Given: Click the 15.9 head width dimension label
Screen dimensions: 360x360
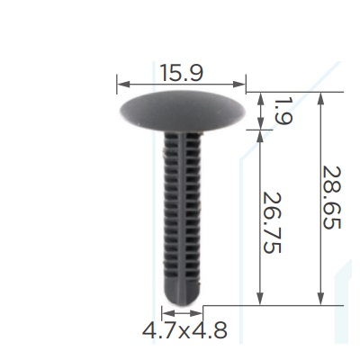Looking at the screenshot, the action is (182, 73).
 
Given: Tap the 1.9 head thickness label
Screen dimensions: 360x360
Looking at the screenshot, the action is (283, 112).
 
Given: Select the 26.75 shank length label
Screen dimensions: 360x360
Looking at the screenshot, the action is (272, 222).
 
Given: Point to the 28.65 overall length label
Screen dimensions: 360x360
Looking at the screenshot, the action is (331, 198).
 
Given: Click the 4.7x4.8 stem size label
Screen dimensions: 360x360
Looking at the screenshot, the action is (184, 330).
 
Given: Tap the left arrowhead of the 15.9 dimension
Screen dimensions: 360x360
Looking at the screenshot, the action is (123, 85).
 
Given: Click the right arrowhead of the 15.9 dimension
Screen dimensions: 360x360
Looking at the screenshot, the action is (239, 85).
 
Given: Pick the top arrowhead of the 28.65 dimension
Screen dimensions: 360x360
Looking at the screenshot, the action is (320, 98).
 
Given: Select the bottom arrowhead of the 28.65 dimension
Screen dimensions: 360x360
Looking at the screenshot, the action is (320, 299).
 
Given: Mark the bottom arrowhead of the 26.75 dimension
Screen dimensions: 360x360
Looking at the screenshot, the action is (260, 299).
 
